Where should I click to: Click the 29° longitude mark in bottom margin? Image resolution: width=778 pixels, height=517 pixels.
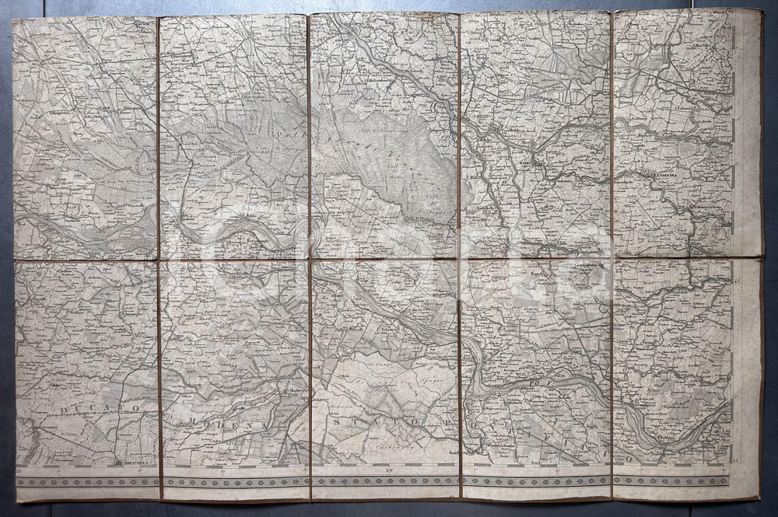coord(387,470)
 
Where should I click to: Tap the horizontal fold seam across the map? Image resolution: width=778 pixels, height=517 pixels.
coord(389,259)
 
